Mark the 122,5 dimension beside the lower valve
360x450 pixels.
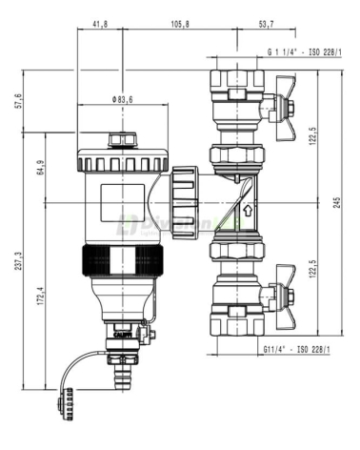tap(310, 274)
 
